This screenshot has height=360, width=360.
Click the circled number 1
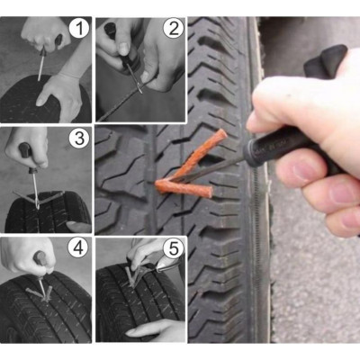(x=79, y=29)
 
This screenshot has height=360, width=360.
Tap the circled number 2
(x=174, y=29)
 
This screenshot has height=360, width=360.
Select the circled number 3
(x=79, y=138)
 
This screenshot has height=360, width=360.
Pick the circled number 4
(x=78, y=247)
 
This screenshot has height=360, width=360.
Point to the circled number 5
(x=173, y=247)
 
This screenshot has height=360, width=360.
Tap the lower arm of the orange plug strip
(x=184, y=188)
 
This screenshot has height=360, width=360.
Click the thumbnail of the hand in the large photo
(x=303, y=169)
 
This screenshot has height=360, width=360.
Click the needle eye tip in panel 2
(x=140, y=89)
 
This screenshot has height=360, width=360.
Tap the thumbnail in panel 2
(x=123, y=48)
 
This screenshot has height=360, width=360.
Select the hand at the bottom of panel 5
(x=156, y=330)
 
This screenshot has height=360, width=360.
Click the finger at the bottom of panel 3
(x=78, y=227)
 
